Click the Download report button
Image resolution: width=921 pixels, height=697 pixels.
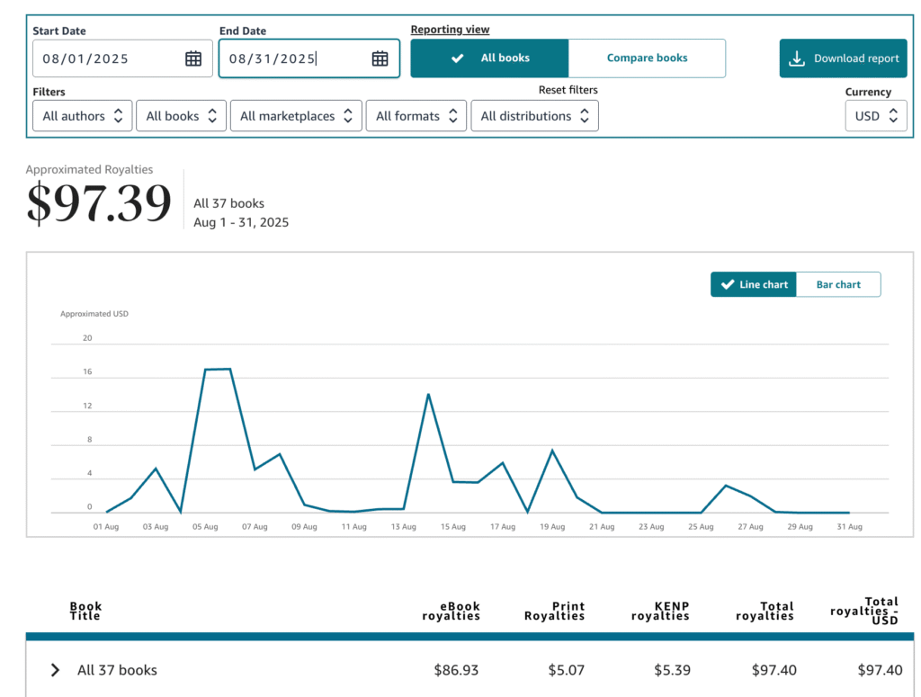843,58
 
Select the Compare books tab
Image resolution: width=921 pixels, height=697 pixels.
647,58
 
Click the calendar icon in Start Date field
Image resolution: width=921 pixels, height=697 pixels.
193,59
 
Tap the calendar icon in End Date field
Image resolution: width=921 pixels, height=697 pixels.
380,59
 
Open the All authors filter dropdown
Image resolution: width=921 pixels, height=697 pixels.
83,116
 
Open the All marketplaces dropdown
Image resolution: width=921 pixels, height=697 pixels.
296,116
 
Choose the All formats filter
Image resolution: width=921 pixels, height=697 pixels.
416,116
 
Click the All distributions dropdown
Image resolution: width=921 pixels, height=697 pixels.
534,116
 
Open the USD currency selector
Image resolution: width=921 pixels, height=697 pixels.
876,116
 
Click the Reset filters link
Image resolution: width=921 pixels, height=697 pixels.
568,90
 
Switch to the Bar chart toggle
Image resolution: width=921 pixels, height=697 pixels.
838,284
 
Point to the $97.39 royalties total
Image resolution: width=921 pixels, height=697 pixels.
98,202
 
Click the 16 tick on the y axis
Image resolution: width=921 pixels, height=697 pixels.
87,372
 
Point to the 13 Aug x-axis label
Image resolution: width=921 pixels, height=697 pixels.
403,527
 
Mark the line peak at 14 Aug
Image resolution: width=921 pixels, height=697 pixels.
428,394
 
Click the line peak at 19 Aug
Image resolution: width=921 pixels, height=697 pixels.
552,450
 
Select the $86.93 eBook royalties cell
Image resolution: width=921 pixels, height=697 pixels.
456,670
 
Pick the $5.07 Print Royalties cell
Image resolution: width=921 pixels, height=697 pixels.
566,670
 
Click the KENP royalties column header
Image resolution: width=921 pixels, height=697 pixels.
660,612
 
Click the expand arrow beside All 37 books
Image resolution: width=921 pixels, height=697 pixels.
56,670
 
